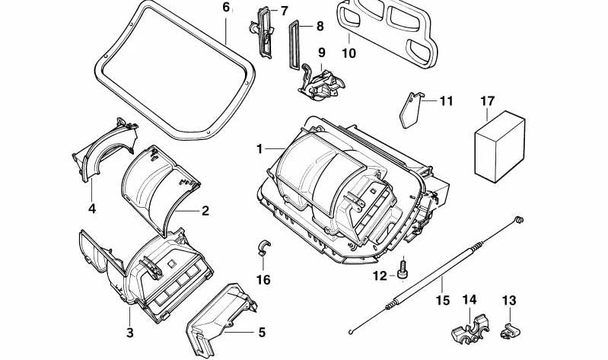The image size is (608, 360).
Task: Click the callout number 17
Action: (488, 100)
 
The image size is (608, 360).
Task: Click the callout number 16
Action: (263, 280)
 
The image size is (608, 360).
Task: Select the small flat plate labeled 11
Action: (411, 111)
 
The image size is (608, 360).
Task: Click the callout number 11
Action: (446, 100)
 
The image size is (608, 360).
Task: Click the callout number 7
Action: (283, 11)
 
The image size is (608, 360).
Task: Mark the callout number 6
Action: (225, 8)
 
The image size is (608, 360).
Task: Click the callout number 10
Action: (349, 53)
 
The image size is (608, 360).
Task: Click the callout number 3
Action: (130, 333)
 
